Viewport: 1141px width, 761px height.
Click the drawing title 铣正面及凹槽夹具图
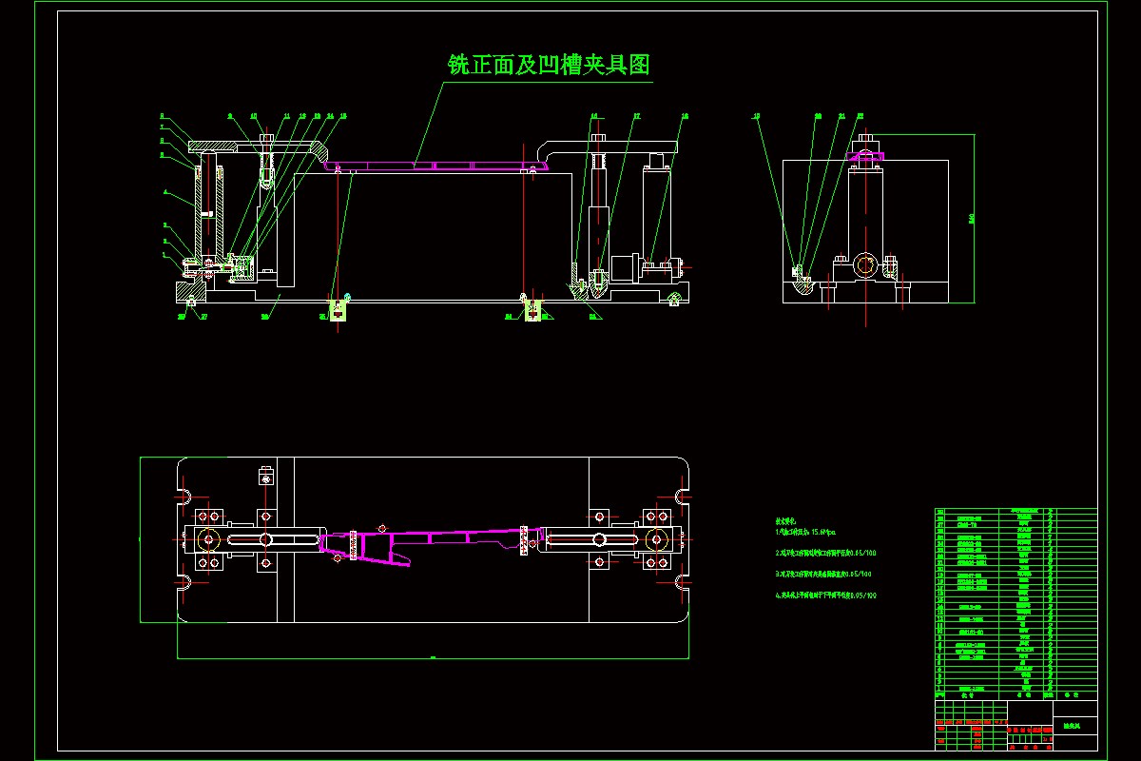click(549, 65)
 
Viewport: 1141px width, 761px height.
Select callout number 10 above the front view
click(254, 116)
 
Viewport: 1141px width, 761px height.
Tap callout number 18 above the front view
click(684, 116)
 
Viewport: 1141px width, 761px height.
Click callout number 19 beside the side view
click(757, 116)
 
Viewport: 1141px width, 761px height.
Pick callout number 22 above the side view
click(860, 116)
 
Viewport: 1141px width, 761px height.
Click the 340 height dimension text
click(972, 219)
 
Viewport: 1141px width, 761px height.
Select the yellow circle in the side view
click(865, 264)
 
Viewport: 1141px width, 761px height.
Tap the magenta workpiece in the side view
click(864, 155)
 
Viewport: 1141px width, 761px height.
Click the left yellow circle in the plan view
click(207, 539)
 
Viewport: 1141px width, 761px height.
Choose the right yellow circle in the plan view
click(655, 539)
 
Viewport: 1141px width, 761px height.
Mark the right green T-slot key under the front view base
click(533, 310)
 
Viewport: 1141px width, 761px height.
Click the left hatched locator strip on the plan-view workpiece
click(354, 544)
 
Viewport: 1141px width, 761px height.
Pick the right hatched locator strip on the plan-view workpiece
click(523, 539)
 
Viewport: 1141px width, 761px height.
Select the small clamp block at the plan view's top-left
click(265, 474)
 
